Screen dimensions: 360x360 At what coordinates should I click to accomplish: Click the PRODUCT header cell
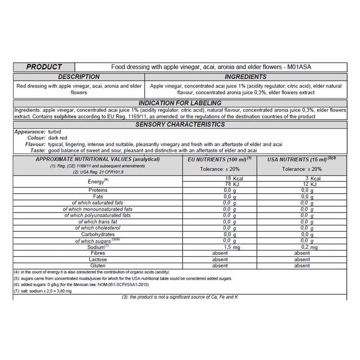point(44,67)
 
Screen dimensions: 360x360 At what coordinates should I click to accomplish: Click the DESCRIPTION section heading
point(79,77)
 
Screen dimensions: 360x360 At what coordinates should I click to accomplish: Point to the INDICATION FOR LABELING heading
point(180,104)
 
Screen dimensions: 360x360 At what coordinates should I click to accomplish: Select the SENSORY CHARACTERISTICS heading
point(180,124)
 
